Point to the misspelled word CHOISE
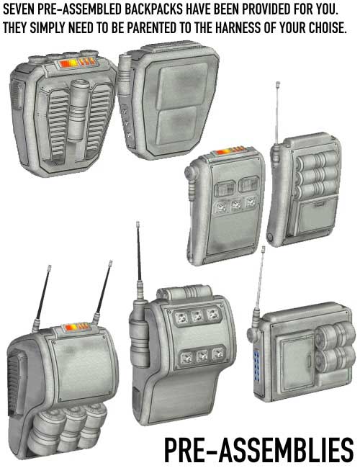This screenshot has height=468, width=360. tap(328, 28)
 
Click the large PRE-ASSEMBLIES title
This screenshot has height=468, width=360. tap(258, 450)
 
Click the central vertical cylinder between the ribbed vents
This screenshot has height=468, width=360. tap(78, 110)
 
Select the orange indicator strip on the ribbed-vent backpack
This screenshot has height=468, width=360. tap(77, 63)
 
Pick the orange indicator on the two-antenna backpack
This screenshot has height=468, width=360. tap(77, 327)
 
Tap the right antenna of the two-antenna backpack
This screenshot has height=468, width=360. tap(103, 292)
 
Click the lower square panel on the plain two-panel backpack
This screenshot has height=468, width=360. tap(176, 126)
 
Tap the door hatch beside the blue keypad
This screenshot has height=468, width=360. tap(294, 361)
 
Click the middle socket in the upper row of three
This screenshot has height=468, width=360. tap(197, 317)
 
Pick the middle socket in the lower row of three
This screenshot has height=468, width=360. tap(202, 356)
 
